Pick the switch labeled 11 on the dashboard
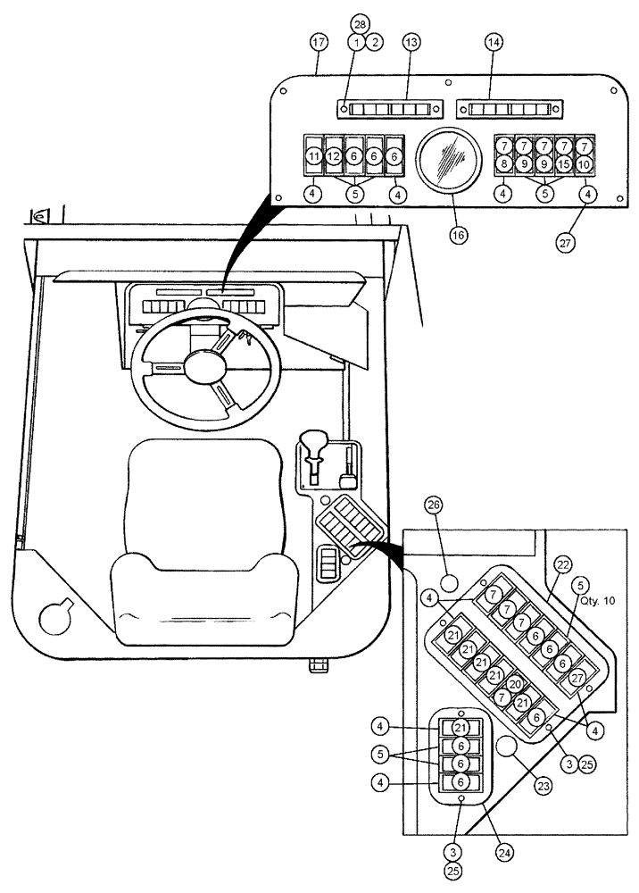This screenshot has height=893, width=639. pos(313,156)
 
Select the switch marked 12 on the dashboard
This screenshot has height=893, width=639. pos(333,156)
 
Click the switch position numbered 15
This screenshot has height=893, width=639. pos(563,163)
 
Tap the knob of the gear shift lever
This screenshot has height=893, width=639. pos(313,440)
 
